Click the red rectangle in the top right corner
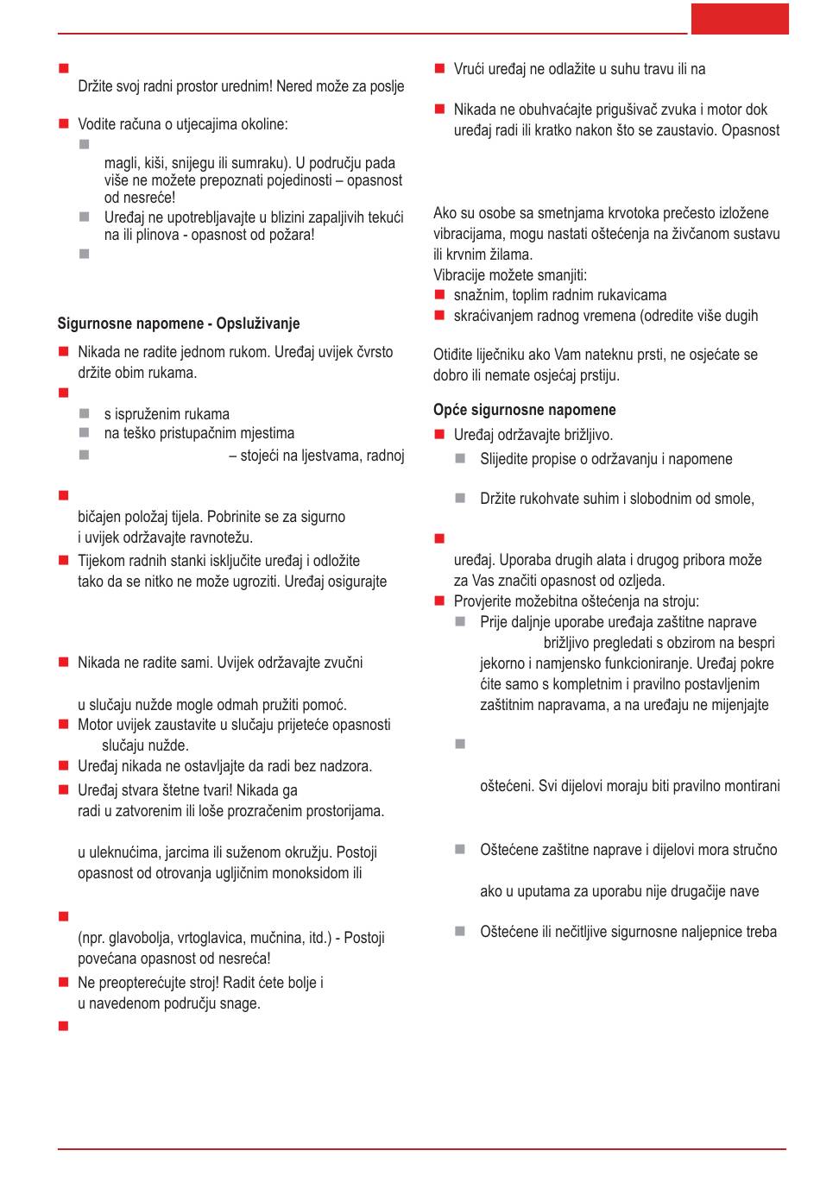[740, 19]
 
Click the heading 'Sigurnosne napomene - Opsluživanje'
[179, 324]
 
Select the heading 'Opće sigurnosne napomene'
[525, 410]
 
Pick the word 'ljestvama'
[331, 455]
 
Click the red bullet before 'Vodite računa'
[64, 124]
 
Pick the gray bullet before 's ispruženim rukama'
[85, 414]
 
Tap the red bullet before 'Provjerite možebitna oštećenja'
[439, 601]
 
